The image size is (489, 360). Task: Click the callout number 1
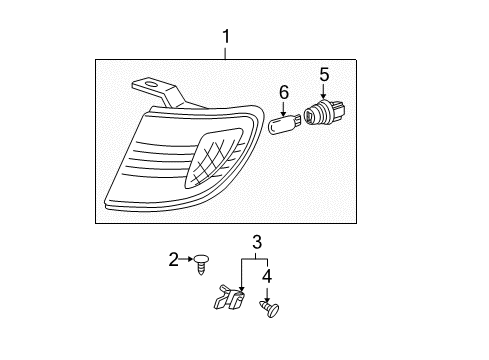[226, 38]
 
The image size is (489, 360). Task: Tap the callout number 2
[173, 260]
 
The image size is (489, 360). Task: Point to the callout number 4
[267, 273]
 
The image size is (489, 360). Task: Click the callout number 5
[324, 73]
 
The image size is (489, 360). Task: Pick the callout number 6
[284, 92]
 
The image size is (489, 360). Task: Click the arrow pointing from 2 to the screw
[189, 260]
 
